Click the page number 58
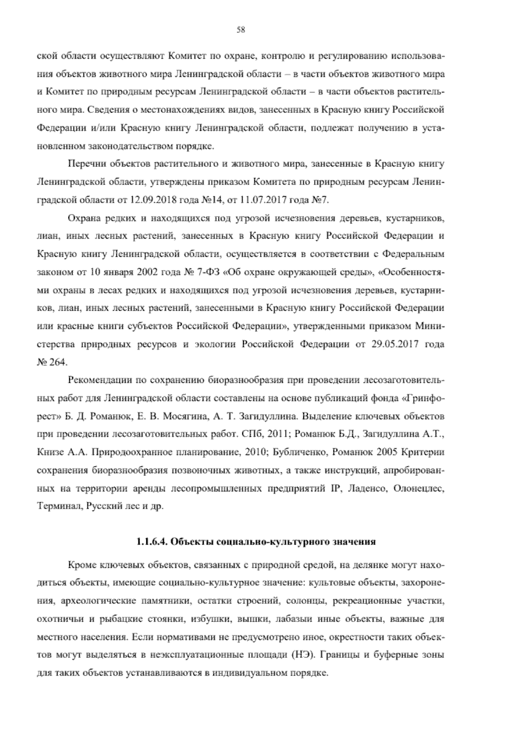241,30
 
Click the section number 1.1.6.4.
152,541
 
